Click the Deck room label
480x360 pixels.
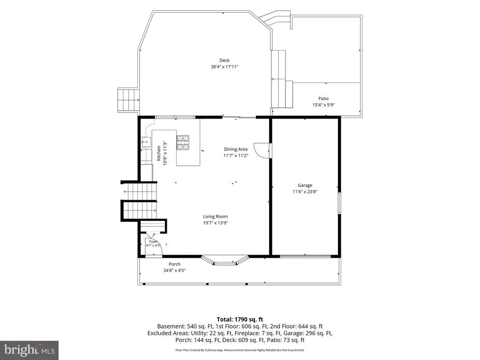click(x=225, y=60)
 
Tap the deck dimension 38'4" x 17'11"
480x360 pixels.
click(x=225, y=67)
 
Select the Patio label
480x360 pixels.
click(x=323, y=98)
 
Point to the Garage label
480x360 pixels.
click(x=305, y=185)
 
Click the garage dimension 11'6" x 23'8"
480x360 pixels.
click(x=305, y=192)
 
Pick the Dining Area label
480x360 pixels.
click(x=236, y=149)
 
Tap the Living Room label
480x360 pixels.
click(x=215, y=217)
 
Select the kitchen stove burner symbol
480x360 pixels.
click(x=183, y=142)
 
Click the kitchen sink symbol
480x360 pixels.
click(x=146, y=142)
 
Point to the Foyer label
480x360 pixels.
click(x=153, y=241)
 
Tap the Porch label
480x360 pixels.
click(x=174, y=264)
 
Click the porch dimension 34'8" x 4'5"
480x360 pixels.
click(x=174, y=270)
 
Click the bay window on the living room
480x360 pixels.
click(x=225, y=260)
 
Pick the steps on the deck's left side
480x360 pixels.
click(x=128, y=100)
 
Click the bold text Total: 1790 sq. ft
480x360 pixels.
click(x=240, y=320)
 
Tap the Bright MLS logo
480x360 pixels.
click(x=30, y=350)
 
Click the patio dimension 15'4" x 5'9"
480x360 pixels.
click(x=323, y=105)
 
